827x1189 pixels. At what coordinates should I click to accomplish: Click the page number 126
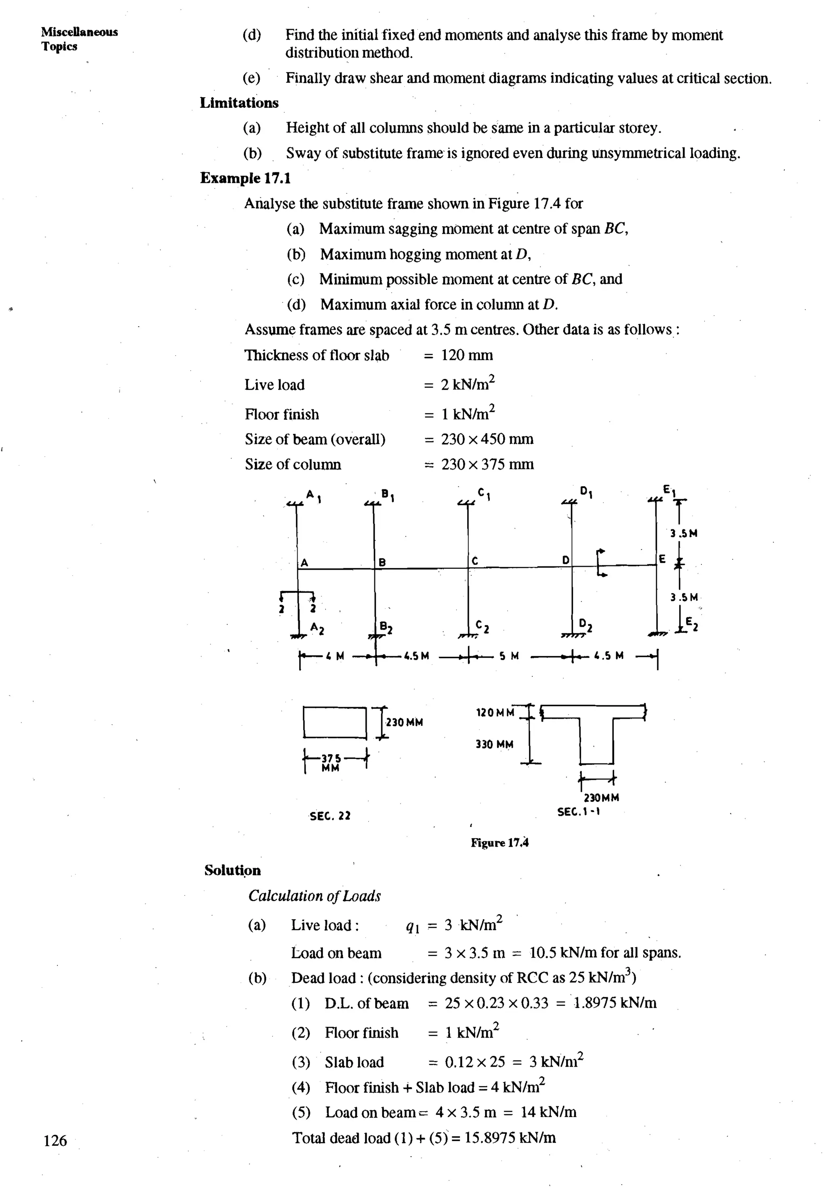point(55,1140)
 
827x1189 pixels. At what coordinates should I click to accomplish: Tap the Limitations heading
point(239,103)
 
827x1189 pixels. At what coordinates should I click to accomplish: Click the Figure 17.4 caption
point(499,843)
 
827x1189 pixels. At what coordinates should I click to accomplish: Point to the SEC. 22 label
point(330,816)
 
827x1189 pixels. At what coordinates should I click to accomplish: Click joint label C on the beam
point(475,561)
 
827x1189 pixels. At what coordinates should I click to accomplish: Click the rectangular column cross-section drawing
point(335,722)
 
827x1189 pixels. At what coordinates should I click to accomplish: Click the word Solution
point(233,870)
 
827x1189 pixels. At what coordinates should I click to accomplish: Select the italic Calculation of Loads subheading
point(314,896)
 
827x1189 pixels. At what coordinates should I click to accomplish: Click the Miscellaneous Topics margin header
point(79,39)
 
